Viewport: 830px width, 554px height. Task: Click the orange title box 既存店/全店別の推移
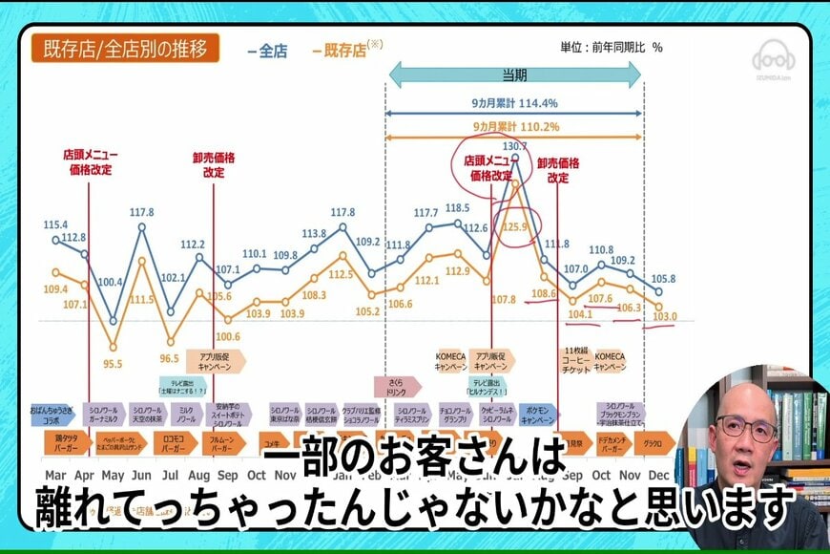pos(125,49)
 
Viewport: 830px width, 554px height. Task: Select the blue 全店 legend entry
pos(266,52)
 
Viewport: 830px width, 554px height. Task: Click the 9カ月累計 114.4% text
pos(514,103)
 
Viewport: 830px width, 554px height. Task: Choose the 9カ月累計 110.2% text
pos(514,127)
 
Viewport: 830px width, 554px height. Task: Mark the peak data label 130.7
pos(515,146)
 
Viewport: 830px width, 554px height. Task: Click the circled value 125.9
pos(516,226)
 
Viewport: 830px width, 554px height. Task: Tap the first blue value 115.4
pos(55,224)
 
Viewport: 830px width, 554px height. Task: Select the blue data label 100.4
pos(112,282)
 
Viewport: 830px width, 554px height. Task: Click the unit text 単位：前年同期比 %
pos(611,47)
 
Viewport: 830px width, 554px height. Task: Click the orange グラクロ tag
pos(654,443)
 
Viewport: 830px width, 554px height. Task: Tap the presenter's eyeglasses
pos(745,427)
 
